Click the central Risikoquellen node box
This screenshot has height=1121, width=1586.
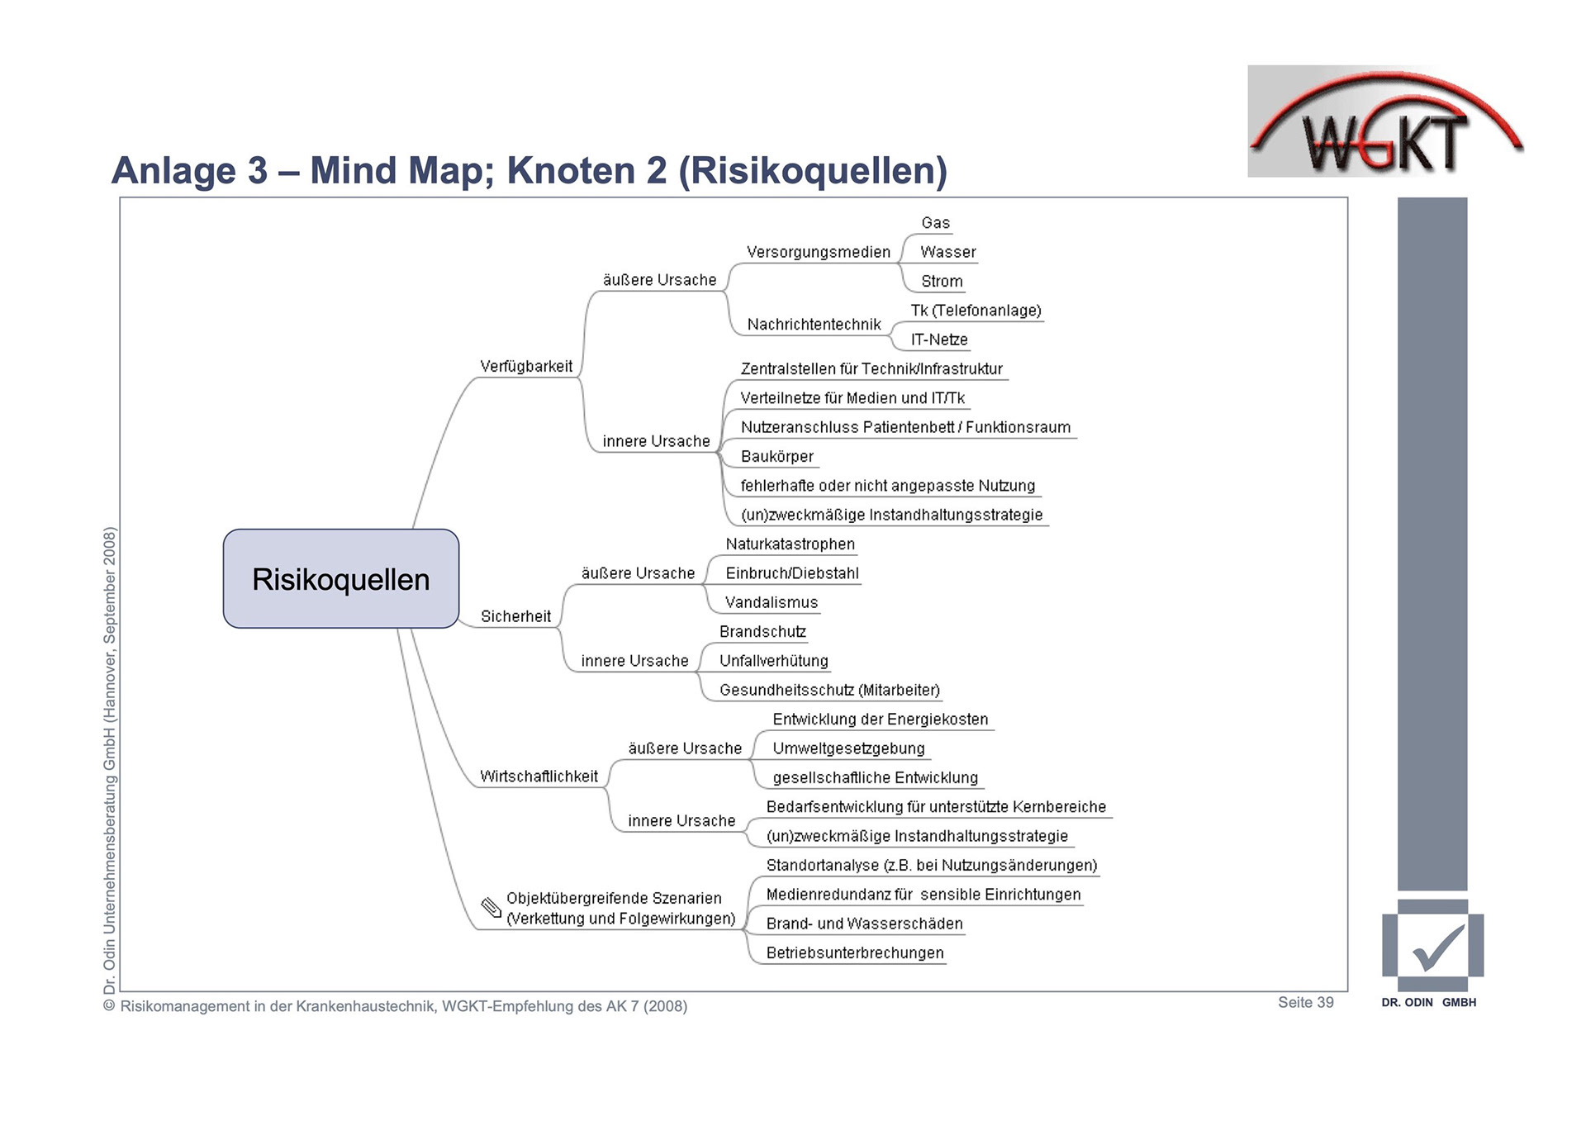340,579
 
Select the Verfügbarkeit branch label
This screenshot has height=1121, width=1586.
526,366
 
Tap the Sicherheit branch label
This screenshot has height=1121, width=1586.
515,616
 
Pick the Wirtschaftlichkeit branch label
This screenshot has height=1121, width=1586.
539,777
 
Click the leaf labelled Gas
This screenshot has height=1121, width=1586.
936,223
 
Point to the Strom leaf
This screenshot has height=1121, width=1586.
942,282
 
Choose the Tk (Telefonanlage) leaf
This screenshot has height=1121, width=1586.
976,311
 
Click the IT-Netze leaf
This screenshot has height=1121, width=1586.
939,340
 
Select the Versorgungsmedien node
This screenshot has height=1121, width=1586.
819,252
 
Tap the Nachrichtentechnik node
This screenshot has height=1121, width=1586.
814,325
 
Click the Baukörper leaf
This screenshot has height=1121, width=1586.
777,457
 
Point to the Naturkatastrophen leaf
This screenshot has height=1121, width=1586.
791,544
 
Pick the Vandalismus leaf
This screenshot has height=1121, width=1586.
772,603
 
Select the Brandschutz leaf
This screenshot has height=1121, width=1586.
762,632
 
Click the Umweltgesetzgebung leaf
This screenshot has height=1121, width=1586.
848,748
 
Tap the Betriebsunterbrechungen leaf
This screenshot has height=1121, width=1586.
855,953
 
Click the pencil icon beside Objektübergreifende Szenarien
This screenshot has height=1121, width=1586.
491,908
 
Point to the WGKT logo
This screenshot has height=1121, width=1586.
1385,124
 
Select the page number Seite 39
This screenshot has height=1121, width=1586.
1305,1002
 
